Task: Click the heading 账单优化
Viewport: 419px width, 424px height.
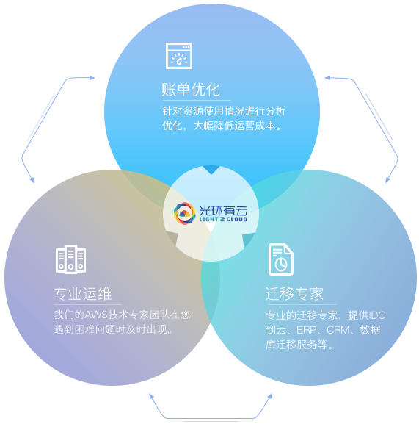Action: click(x=191, y=90)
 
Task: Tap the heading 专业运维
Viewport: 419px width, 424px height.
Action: click(x=83, y=294)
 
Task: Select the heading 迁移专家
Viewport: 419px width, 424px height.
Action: click(x=294, y=294)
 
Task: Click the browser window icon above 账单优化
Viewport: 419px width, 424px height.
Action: click(x=179, y=56)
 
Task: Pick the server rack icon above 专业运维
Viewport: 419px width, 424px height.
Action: click(x=70, y=259)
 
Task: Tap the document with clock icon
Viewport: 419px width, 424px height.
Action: click(x=281, y=259)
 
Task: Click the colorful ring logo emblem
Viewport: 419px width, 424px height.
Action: click(x=185, y=213)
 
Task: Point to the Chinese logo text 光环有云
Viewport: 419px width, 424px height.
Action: click(x=223, y=210)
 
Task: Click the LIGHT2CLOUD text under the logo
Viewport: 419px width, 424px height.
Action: click(x=223, y=219)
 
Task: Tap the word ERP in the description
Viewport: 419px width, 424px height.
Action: click(x=307, y=330)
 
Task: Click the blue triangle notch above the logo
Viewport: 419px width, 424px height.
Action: click(x=211, y=169)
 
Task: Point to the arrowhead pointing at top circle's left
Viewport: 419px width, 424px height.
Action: click(x=92, y=78)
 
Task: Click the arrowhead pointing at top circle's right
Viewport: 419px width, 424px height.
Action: click(x=327, y=78)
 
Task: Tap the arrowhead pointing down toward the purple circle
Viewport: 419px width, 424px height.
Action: click(x=32, y=179)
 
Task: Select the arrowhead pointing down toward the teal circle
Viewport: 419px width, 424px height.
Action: click(x=387, y=179)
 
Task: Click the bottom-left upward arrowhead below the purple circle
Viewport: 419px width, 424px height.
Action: click(x=151, y=396)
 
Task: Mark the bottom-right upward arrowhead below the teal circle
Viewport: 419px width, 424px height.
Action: click(x=270, y=396)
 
